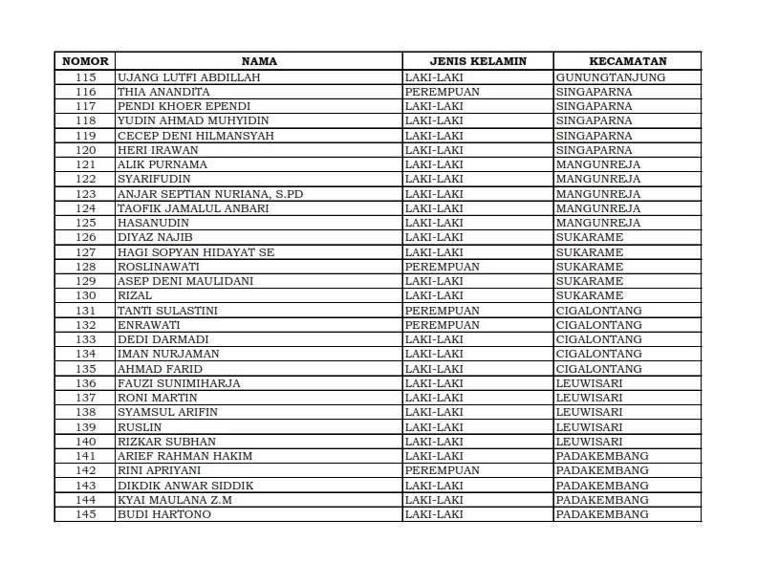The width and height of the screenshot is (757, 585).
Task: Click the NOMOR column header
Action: click(x=85, y=61)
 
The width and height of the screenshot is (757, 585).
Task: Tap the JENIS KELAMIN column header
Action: click(x=478, y=61)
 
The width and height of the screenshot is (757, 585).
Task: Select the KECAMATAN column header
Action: click(x=627, y=61)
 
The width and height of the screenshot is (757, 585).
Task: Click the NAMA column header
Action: click(x=259, y=61)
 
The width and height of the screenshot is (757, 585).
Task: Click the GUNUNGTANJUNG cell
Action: click(x=611, y=76)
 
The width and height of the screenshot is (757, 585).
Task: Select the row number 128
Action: click(x=85, y=267)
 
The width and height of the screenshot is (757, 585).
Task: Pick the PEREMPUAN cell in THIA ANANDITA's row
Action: click(x=442, y=92)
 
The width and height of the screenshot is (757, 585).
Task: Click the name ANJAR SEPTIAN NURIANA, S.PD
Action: click(x=209, y=194)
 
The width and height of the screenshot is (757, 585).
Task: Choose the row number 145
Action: click(x=85, y=514)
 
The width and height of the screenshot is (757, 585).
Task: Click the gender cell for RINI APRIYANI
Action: click(x=442, y=470)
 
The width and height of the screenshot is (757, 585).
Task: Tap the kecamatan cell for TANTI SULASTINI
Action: click(x=598, y=311)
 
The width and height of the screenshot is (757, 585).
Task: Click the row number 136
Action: click(x=85, y=383)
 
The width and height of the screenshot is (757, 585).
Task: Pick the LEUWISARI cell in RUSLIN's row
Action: click(x=589, y=427)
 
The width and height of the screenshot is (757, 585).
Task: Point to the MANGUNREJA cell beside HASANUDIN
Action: click(x=598, y=223)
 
